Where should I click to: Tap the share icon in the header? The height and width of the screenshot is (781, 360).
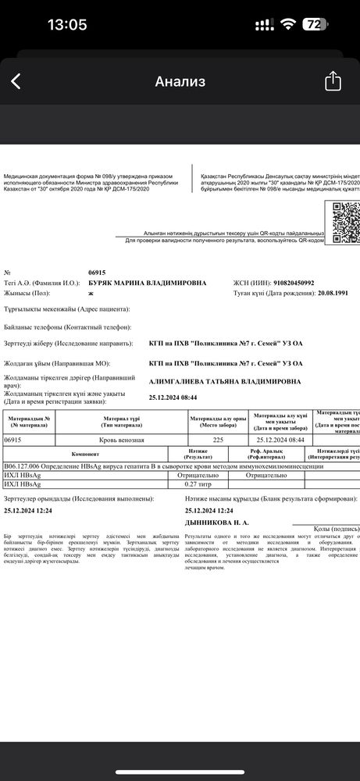click(333, 81)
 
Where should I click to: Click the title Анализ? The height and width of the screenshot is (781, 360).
click(180, 81)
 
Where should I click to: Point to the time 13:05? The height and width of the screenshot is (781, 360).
click(67, 24)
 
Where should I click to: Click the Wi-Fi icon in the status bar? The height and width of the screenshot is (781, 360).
click(289, 24)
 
